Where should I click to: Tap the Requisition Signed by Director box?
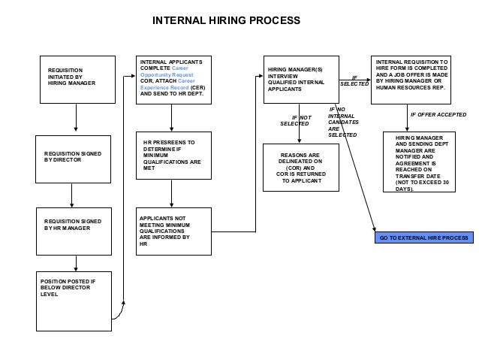pyautogui.click(x=77, y=157)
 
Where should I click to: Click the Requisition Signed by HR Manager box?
pyautogui.click(x=77, y=228)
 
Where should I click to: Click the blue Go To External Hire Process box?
pyautogui.click(x=423, y=237)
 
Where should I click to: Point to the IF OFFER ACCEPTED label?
pyautogui.click(x=438, y=116)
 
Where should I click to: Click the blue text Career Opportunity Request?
pyautogui.click(x=167, y=76)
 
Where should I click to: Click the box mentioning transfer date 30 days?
pyautogui.click(x=423, y=163)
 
